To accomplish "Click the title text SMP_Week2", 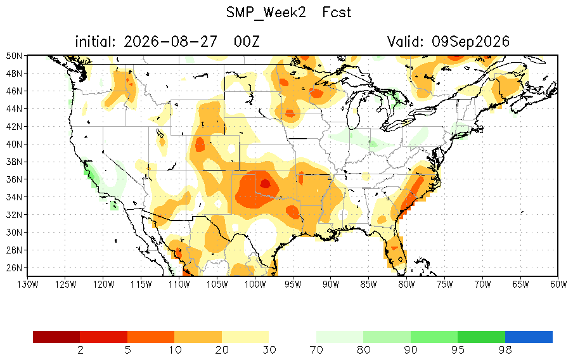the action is [x=266, y=13].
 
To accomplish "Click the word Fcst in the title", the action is [x=337, y=13].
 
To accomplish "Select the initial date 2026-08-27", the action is [x=171, y=42].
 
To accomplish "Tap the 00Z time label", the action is [x=247, y=42].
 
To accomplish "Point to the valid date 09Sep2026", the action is [x=471, y=42].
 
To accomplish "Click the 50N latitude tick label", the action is [x=14, y=56].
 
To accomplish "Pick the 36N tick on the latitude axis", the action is [x=14, y=179].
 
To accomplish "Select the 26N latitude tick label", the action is [x=14, y=268].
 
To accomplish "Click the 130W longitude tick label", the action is [x=28, y=285].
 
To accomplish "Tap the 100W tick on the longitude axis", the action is [x=255, y=285].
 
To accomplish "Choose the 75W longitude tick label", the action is [x=444, y=285].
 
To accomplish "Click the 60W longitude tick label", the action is [x=558, y=285].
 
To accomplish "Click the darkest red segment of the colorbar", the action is [x=56, y=337].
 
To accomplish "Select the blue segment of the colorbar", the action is [x=529, y=337].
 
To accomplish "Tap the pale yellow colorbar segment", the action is [x=245, y=337].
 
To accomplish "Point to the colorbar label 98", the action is [x=505, y=350].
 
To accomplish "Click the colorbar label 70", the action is [x=316, y=350].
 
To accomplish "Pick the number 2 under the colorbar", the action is [x=80, y=350].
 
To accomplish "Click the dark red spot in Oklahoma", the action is [x=266, y=183].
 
